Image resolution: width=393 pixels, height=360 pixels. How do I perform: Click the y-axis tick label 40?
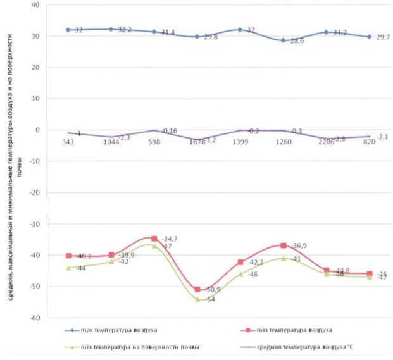[x=35, y=5]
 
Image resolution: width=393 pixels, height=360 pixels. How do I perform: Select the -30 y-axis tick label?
[x=35, y=224]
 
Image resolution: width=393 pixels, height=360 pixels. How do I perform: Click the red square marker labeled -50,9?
[x=197, y=289]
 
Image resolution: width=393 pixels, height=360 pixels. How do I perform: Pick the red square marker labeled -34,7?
[x=154, y=239]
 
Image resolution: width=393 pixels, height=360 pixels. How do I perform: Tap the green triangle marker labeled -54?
[x=197, y=299]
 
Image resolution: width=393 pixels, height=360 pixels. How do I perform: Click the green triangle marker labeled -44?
[x=68, y=268]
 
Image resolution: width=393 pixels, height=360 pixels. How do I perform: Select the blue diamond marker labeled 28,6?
[x=284, y=40]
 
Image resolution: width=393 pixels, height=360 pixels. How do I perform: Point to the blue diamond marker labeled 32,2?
[x=111, y=29]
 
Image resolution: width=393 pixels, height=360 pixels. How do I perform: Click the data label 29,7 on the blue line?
[x=380, y=39]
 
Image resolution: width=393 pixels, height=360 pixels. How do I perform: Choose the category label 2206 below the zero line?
[x=327, y=142]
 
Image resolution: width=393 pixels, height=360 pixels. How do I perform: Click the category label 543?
[x=68, y=142]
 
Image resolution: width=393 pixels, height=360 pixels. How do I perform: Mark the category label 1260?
[x=284, y=142]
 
